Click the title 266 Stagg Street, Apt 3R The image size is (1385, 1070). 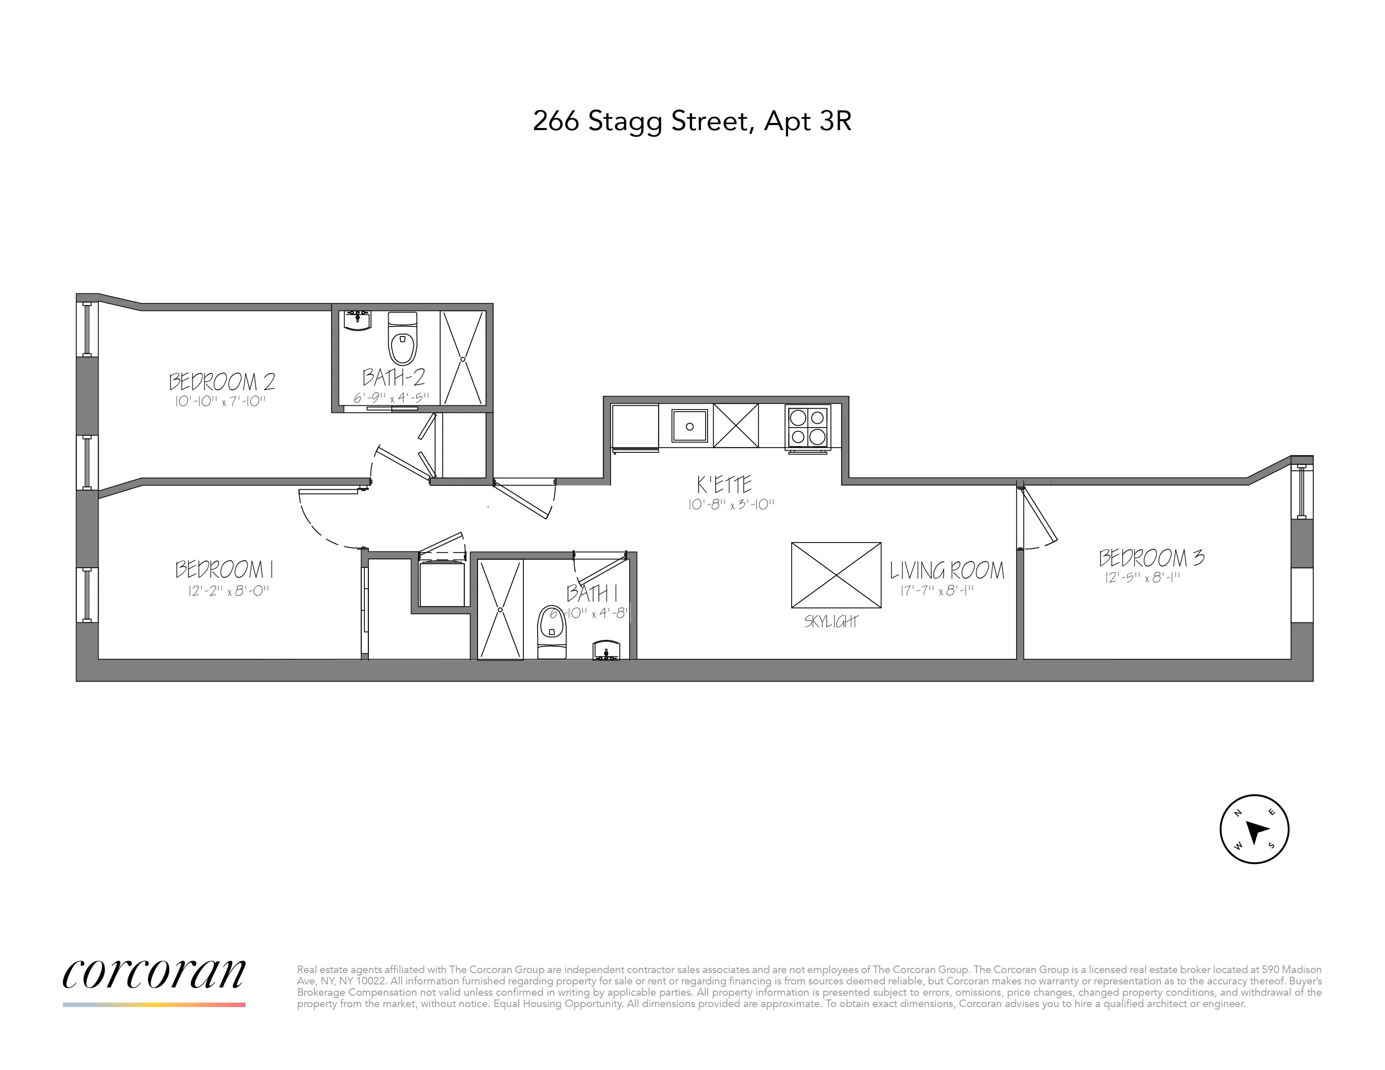pyautogui.click(x=692, y=121)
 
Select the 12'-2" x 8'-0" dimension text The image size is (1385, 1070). pyautogui.click(x=229, y=591)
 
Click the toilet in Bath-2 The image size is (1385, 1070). pyautogui.click(x=402, y=339)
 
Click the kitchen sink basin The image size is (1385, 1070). pyautogui.click(x=689, y=426)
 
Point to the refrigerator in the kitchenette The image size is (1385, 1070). pyautogui.click(x=635, y=427)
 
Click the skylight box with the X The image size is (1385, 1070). pyautogui.click(x=836, y=575)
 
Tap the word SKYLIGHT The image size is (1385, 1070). pyautogui.click(x=831, y=622)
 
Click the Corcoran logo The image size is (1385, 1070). pyautogui.click(x=154, y=974)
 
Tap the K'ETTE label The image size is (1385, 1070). pyautogui.click(x=724, y=485)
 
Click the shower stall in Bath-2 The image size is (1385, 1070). pyautogui.click(x=463, y=358)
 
